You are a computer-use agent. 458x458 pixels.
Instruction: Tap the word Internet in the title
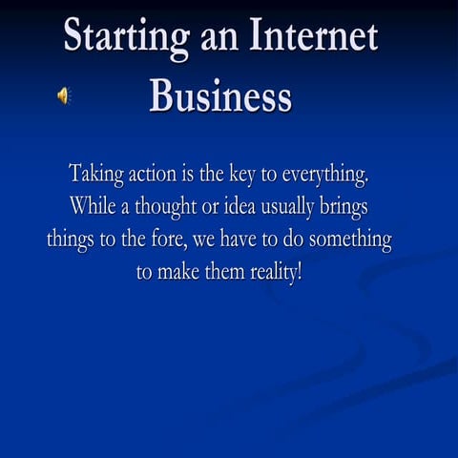tap(316, 37)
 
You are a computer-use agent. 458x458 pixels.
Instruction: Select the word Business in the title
tap(220, 95)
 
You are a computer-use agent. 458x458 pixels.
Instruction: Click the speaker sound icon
tap(64, 95)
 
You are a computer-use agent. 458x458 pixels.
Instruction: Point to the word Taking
tap(95, 176)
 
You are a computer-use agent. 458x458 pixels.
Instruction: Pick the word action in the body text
tap(154, 176)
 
